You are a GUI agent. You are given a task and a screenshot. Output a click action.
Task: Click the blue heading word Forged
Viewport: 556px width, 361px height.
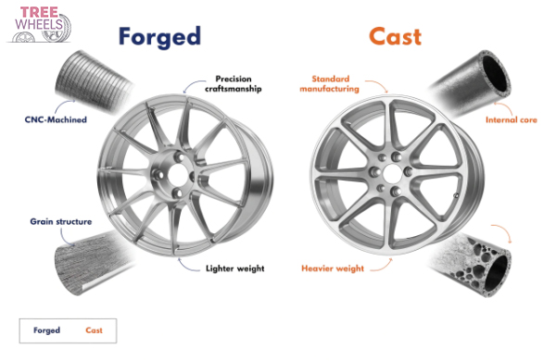point(159,36)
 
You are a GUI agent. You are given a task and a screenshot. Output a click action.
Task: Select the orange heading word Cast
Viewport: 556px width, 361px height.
point(395,36)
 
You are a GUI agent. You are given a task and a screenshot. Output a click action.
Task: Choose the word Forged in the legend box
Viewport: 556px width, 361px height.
point(47,330)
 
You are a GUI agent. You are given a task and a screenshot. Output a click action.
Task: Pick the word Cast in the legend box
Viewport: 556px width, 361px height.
point(95,330)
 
